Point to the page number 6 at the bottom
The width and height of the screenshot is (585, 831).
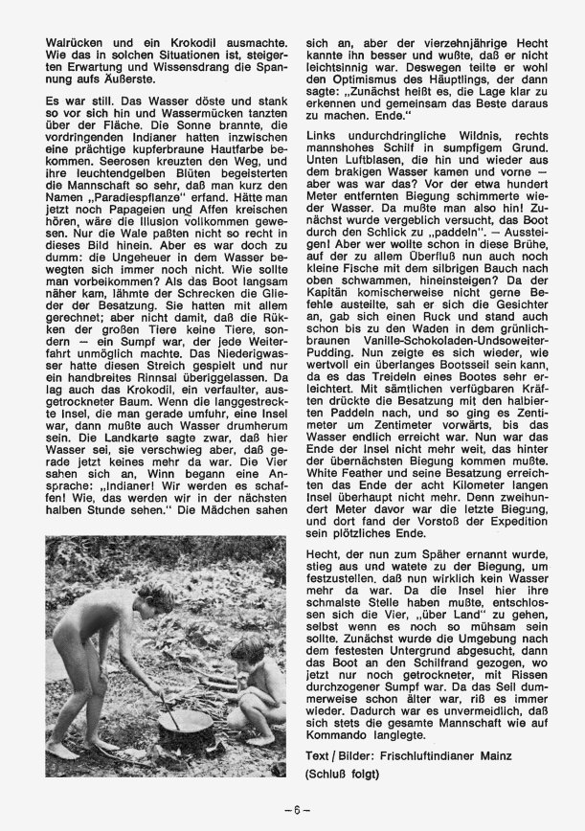pos(292,809)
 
